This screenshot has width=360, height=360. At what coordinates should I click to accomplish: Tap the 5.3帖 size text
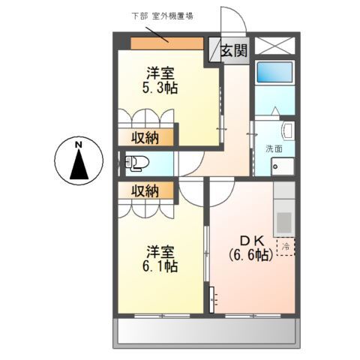coord(160,87)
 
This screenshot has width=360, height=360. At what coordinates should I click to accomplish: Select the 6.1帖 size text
coord(160,266)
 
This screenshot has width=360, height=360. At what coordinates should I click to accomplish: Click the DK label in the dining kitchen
coord(250,240)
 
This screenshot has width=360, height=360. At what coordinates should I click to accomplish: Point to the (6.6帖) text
coord(250,255)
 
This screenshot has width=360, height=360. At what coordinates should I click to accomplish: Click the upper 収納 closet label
coord(145,137)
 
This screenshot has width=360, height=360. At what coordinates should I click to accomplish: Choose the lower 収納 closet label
coord(145,190)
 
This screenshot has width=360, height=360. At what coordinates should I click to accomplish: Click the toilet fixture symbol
coord(136,163)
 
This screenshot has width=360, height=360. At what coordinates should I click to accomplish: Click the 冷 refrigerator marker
coord(286,245)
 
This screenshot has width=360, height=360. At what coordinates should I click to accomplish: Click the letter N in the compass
coord(78,144)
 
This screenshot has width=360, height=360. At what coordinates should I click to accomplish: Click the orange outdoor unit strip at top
coord(166,43)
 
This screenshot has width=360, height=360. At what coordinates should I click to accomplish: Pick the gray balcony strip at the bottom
coord(207,331)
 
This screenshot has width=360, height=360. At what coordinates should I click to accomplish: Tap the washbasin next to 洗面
coord(288,133)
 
